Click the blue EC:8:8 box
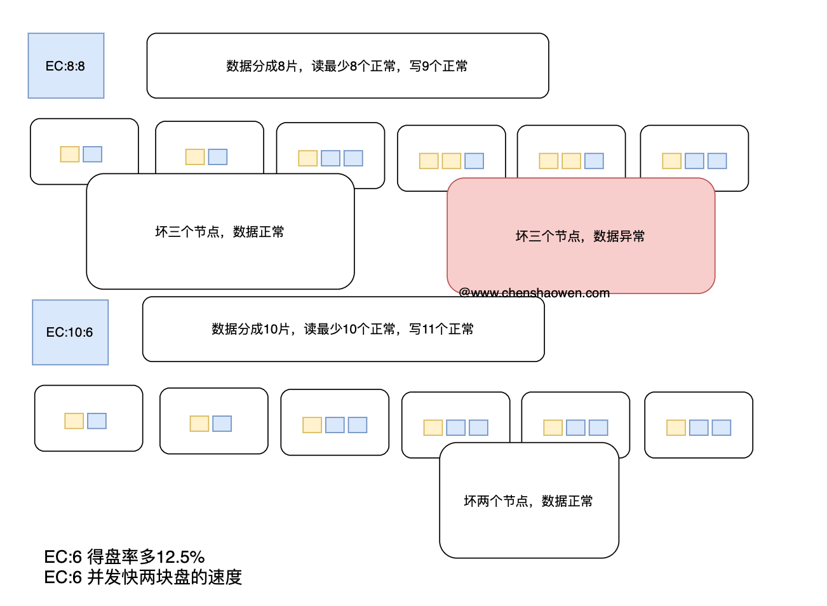[x=66, y=65]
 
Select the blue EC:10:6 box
[x=71, y=332]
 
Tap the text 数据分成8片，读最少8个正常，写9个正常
[x=347, y=66]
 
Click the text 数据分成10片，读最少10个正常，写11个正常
[x=342, y=329]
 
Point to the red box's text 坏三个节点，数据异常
[x=580, y=236]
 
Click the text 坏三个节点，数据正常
[x=220, y=232]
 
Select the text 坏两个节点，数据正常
[x=528, y=501]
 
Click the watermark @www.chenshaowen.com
[x=534, y=293]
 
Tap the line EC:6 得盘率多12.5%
[x=124, y=557]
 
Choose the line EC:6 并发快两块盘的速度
[x=144, y=577]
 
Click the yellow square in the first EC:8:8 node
[x=70, y=154]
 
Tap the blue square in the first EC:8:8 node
[x=92, y=154]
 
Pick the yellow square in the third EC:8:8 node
[x=308, y=158]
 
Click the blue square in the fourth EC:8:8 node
[x=474, y=161]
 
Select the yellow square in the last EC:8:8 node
[x=671, y=161]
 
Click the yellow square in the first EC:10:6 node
[x=74, y=421]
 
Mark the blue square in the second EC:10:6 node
[x=222, y=423]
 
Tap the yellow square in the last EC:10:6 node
[x=676, y=428]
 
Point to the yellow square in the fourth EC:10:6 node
[x=433, y=428]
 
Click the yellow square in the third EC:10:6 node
[x=313, y=425]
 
